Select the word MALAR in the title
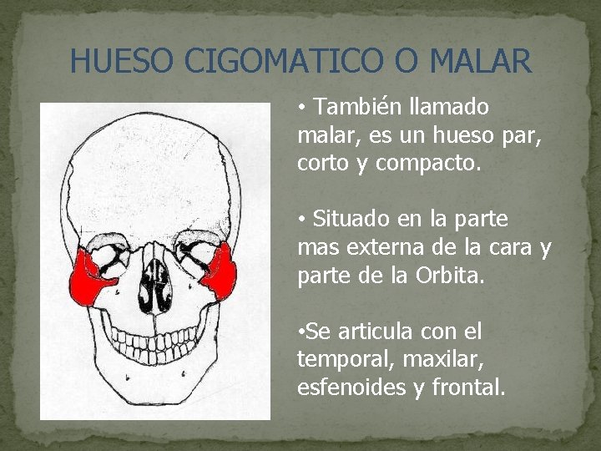tap(482, 61)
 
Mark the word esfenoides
tap(347, 387)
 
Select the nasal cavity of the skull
tap(154, 279)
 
